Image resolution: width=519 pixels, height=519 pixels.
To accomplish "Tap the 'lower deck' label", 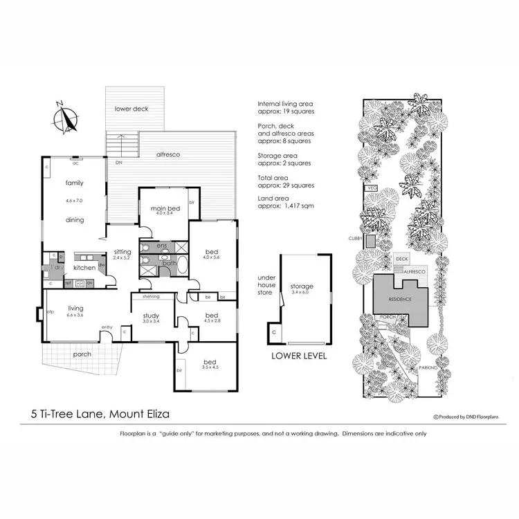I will coord(131,109).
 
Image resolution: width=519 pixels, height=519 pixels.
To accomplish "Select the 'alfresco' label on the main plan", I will coord(168,155).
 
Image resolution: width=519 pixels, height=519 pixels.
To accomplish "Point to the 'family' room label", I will coord(75,183).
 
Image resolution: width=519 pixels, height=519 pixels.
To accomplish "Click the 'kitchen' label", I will coord(84,266).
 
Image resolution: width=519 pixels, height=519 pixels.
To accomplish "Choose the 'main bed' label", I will coord(165,207).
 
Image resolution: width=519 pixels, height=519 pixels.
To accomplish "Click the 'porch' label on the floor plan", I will coord(82,354).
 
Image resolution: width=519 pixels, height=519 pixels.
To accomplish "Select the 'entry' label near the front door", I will coord(107,327).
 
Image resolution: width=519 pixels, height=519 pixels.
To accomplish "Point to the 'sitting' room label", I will coord(123,253).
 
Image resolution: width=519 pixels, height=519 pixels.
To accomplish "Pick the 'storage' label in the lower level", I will coord(302,286).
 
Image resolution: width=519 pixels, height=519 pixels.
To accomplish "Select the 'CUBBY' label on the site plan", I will coord(357,237).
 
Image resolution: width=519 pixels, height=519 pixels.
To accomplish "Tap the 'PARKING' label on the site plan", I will coord(429,367).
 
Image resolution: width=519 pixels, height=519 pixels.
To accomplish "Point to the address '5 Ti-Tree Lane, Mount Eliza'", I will coord(100,415).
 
